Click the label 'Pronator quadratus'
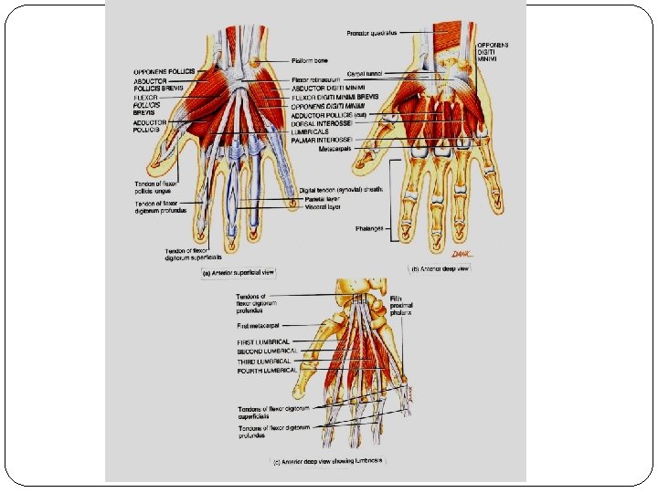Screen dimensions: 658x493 (x=372, y=34)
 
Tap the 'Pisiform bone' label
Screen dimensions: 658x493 (x=311, y=60)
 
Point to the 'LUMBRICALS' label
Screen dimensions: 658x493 (x=313, y=132)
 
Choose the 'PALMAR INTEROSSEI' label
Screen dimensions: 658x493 (x=322, y=141)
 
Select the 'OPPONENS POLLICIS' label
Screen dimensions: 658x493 (x=164, y=70)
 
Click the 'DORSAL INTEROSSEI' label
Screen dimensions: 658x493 (x=322, y=124)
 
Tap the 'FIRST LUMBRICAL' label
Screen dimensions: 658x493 (x=263, y=342)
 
